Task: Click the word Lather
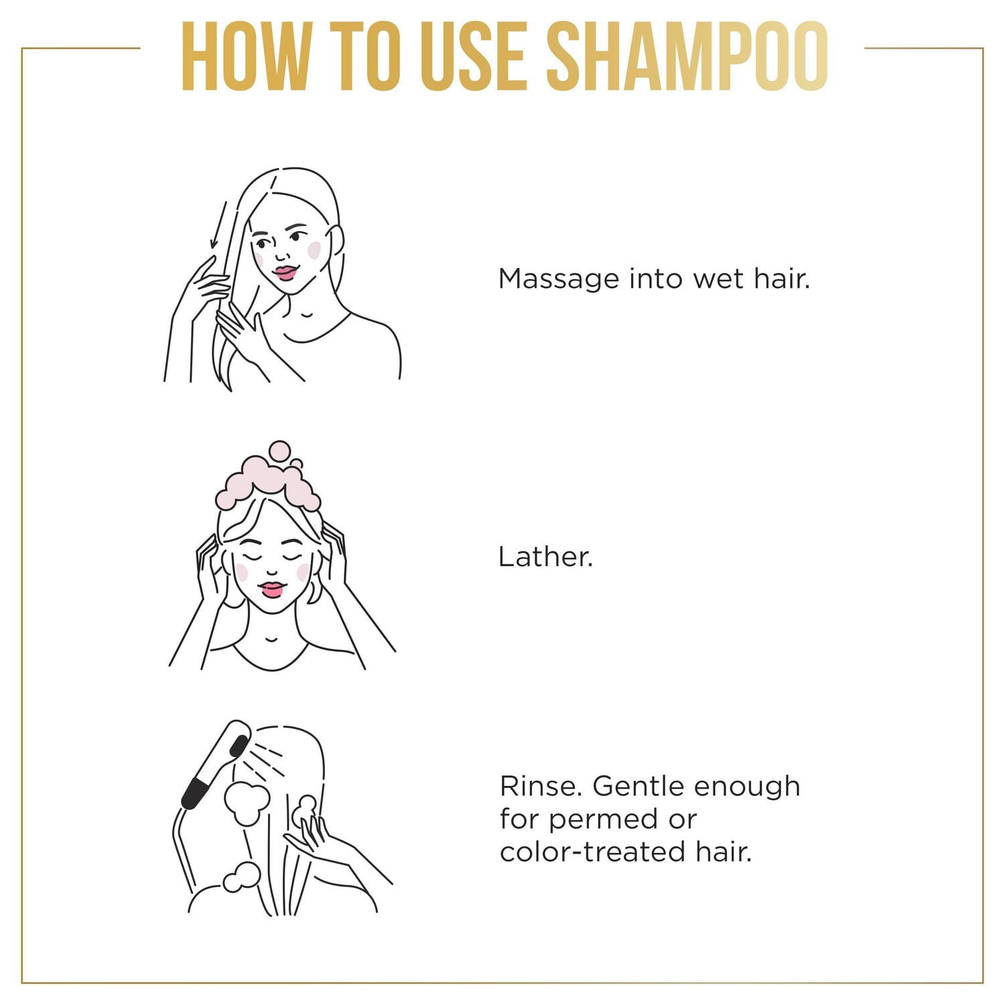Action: pyautogui.click(x=545, y=557)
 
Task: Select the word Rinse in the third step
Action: pyautogui.click(x=541, y=786)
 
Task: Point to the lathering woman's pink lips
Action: pyautogui.click(x=272, y=589)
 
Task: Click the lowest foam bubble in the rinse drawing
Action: pyautogui.click(x=241, y=877)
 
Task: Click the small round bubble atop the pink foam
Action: pyautogui.click(x=279, y=450)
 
